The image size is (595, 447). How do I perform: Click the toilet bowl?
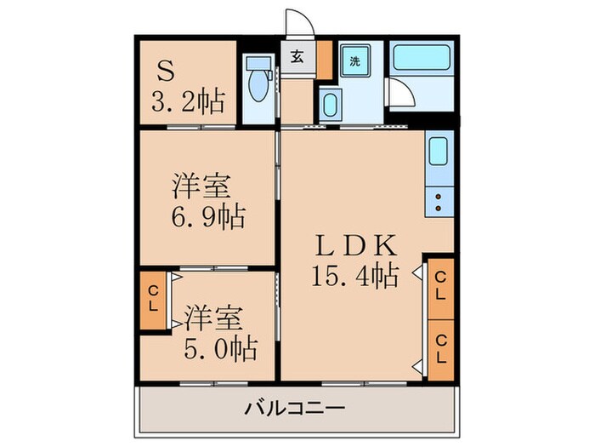(255, 89)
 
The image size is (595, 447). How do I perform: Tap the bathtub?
(422, 61)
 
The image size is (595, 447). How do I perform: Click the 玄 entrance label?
(297, 58)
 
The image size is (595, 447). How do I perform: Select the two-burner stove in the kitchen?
(439, 201)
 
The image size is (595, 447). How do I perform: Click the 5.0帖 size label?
(220, 348)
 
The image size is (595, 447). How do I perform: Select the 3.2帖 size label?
(187, 102)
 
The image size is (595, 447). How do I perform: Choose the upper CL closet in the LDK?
(441, 284)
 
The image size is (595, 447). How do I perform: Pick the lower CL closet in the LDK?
(441, 347)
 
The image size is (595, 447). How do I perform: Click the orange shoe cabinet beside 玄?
(323, 58)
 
